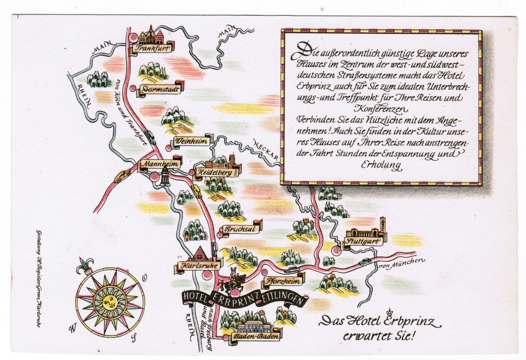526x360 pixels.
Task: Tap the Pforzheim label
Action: (279, 281)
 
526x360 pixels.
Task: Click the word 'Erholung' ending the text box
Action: (381, 165)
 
